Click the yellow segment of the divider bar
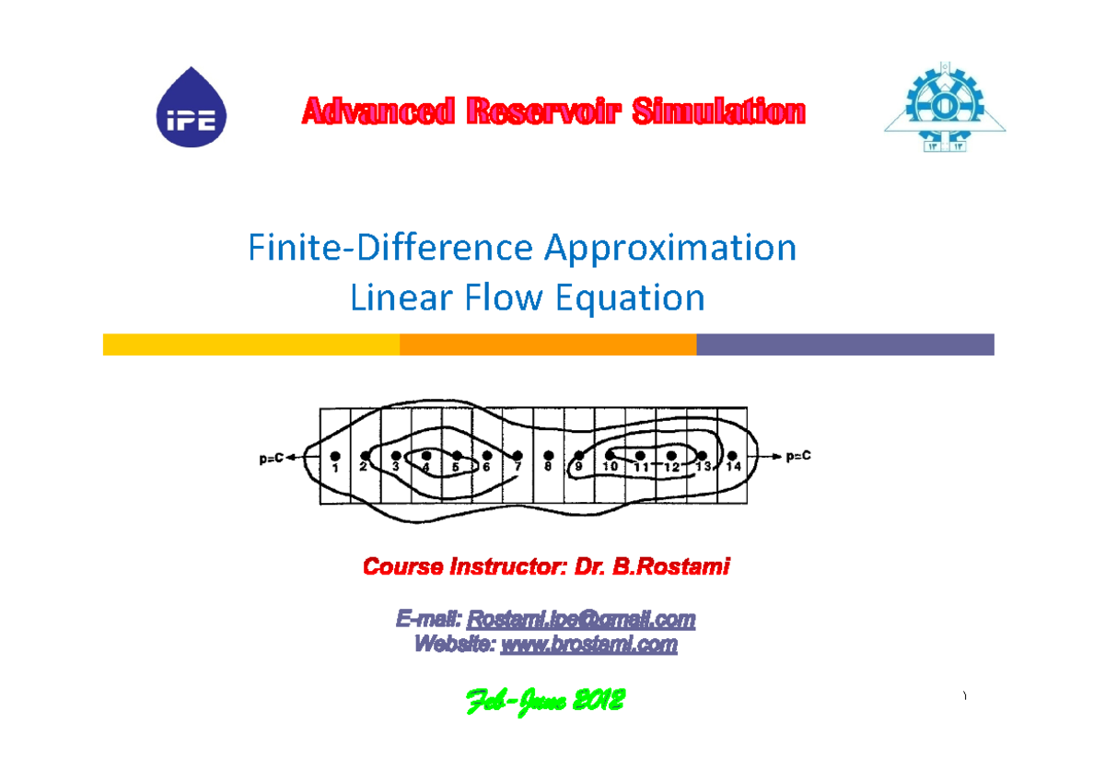pyautogui.click(x=250, y=344)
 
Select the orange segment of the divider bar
pyautogui.click(x=548, y=344)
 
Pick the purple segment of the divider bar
pyautogui.click(x=845, y=344)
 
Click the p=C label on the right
pyautogui.click(x=799, y=457)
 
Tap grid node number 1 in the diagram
pyautogui.click(x=335, y=456)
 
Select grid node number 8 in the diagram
pyautogui.click(x=549, y=456)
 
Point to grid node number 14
pyautogui.click(x=732, y=455)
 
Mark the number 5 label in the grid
pyautogui.click(x=455, y=468)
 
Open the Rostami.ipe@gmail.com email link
pyautogui.click(x=581, y=619)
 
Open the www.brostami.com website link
pyautogui.click(x=588, y=645)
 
